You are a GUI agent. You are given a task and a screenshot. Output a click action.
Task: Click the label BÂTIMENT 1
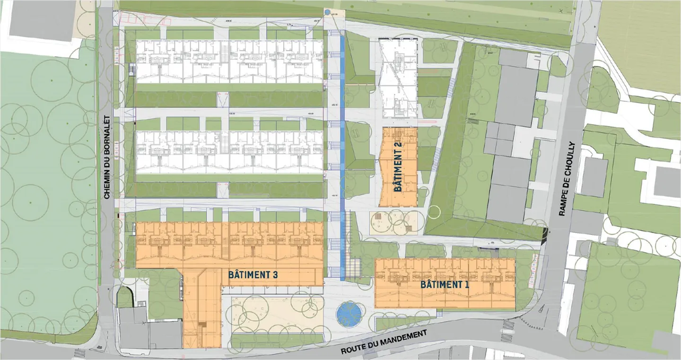point(441,285)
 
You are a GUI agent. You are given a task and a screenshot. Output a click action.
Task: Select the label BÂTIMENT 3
point(253,274)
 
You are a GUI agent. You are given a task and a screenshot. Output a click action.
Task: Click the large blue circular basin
point(349,314)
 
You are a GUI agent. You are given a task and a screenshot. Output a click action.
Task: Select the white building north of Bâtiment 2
point(399,78)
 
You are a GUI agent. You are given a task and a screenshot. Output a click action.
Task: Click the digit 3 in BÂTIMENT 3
point(274,274)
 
